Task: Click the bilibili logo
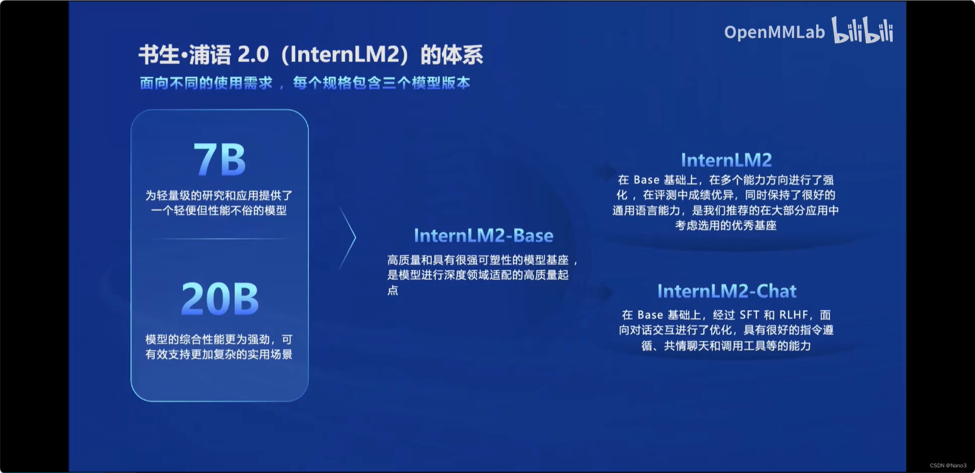click(x=863, y=30)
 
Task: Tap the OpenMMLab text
click(x=774, y=32)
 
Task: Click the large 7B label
click(x=220, y=160)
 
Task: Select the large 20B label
click(x=220, y=298)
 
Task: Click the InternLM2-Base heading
click(x=483, y=235)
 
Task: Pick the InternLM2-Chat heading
click(x=726, y=291)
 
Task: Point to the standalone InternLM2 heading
click(x=726, y=160)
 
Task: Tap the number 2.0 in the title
click(x=253, y=55)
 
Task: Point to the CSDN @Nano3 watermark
click(x=948, y=465)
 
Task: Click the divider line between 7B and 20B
click(x=220, y=238)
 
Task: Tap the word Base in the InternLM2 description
click(x=646, y=180)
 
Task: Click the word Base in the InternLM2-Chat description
click(x=650, y=315)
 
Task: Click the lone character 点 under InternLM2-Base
click(x=393, y=290)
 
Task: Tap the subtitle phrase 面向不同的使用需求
click(x=206, y=83)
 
